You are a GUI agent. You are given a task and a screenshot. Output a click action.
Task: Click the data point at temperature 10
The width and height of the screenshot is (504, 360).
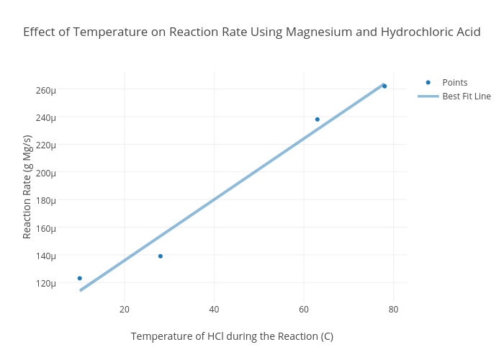(x=80, y=278)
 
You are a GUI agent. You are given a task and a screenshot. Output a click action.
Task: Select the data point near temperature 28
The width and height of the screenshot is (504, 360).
(x=161, y=256)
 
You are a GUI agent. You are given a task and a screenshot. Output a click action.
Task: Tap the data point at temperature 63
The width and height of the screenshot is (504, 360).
(x=318, y=120)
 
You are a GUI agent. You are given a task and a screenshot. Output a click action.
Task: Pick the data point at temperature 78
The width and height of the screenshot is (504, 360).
(x=384, y=86)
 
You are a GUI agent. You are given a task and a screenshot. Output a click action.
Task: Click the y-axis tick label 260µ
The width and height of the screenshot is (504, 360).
(x=45, y=90)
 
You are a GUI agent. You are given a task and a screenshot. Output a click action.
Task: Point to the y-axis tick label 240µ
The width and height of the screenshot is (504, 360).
(x=45, y=117)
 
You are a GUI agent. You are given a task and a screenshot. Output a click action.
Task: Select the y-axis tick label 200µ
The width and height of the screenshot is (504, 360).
(x=45, y=173)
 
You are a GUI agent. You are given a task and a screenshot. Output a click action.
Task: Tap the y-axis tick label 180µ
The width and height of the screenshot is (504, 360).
(x=45, y=200)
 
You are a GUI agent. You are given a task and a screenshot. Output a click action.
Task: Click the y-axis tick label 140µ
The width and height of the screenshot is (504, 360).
(x=45, y=256)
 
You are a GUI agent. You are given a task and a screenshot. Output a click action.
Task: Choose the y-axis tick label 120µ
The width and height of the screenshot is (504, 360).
(x=45, y=283)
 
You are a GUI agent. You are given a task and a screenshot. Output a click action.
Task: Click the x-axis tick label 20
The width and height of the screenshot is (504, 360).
(x=125, y=310)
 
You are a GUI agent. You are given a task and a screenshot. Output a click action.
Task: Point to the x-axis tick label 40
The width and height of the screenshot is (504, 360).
(x=214, y=310)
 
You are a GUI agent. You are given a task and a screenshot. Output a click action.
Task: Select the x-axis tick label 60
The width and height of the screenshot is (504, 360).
(x=304, y=310)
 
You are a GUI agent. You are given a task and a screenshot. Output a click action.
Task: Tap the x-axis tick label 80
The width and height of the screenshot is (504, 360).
(x=393, y=310)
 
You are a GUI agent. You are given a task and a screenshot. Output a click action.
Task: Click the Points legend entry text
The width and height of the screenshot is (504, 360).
(x=454, y=83)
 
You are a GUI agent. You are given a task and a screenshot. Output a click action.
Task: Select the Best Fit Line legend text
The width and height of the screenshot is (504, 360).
(x=466, y=96)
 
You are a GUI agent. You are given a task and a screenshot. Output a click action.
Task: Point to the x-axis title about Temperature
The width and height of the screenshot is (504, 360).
(x=232, y=336)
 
